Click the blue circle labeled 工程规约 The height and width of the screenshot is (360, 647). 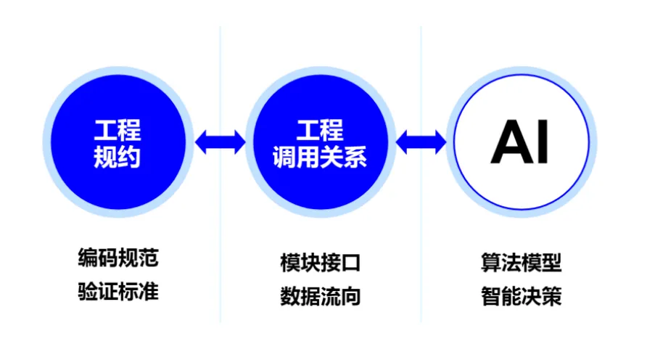click(118, 142)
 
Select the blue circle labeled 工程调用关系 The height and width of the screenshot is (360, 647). click(321, 142)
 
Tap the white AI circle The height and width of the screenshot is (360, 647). click(521, 142)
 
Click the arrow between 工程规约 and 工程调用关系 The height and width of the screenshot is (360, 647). click(220, 142)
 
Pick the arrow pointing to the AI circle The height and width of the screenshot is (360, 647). click(421, 142)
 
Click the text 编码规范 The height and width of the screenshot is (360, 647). click(118, 258)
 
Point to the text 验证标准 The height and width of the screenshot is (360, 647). click(118, 291)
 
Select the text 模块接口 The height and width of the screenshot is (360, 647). click(321, 263)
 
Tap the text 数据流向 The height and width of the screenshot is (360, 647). click(321, 296)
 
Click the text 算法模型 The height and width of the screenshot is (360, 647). click(522, 263)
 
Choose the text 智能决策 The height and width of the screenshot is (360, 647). click(522, 296)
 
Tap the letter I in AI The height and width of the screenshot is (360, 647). click(543, 142)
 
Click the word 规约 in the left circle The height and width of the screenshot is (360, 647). click(118, 157)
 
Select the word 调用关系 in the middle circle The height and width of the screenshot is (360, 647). click(320, 157)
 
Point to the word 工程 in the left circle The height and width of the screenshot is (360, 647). click(118, 130)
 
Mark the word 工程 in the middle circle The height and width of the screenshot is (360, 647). click(320, 130)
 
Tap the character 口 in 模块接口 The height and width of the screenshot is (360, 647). click(351, 263)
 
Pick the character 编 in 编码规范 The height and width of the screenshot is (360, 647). click(88, 258)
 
